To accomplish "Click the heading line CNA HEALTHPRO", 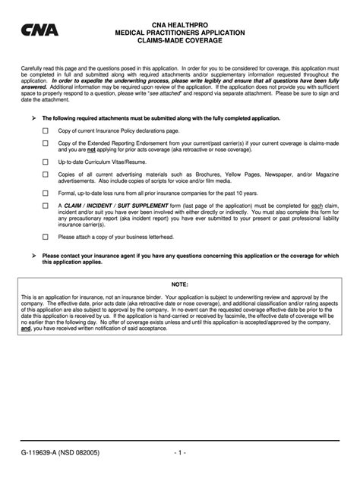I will point(179,24).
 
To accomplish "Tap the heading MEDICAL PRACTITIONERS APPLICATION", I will point(179,33).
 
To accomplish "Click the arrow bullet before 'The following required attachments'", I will point(33,118).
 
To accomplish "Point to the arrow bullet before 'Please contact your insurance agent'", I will point(33,255).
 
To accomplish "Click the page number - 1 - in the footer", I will point(179,453).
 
